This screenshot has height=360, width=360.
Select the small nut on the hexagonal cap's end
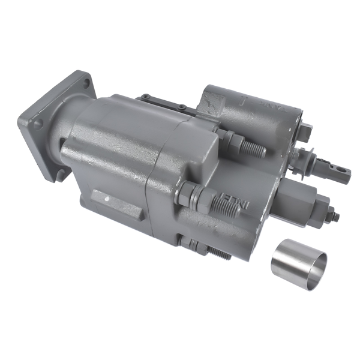click(x=332, y=214)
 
